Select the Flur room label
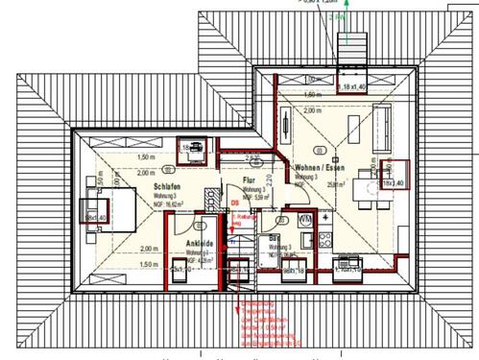[x=249, y=180]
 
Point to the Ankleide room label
[x=199, y=244]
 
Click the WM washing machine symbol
[x=305, y=220]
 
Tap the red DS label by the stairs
[x=233, y=204]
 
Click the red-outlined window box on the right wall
[x=394, y=175]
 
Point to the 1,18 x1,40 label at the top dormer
[x=353, y=87]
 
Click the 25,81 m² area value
[x=309, y=185]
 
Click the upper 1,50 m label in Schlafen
[x=147, y=156]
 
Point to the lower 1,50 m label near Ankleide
[x=147, y=262]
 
